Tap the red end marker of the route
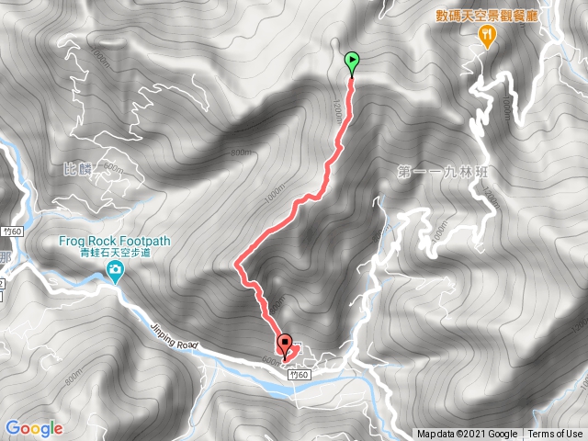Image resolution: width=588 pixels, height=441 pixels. tap(285, 346)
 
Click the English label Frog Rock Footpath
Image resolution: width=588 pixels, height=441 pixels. tap(116, 242)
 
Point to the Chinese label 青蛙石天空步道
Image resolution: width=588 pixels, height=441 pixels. tap(116, 254)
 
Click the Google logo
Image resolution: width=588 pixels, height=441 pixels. tap(33, 428)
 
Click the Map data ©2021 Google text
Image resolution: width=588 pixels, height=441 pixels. tap(466, 435)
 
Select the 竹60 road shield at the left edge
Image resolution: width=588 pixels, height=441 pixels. tap(9, 232)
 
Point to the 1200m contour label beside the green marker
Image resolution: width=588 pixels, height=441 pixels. tap(337, 109)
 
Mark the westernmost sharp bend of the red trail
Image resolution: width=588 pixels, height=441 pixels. tap(237, 265)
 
